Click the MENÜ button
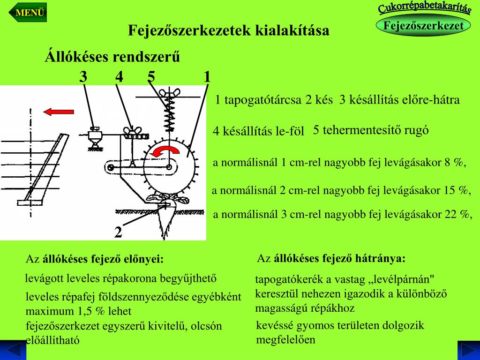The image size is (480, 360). [x=30, y=13]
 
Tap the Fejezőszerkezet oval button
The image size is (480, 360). [x=423, y=26]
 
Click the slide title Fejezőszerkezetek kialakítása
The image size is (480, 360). [x=229, y=31]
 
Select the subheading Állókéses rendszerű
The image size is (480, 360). [x=112, y=57]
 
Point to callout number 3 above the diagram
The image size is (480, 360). [x=83, y=76]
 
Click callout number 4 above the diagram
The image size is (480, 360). [x=119, y=76]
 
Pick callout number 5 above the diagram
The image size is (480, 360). [x=151, y=76]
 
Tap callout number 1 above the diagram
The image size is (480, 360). [x=207, y=76]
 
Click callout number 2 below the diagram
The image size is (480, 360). [x=118, y=232]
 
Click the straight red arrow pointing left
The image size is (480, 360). [x=58, y=112]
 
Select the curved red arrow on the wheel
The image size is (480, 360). [x=167, y=150]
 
